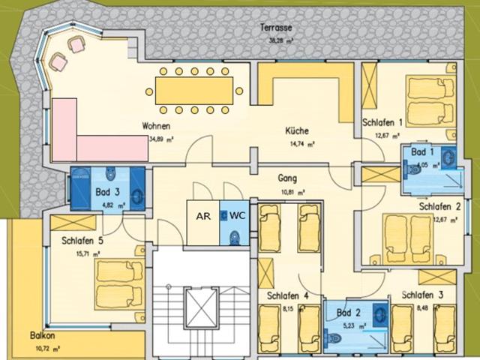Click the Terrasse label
click(x=276, y=28)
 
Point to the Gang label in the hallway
click(x=286, y=179)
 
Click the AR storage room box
click(x=202, y=215)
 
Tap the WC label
click(x=237, y=215)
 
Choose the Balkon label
click(x=45, y=337)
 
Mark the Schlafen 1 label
click(x=383, y=122)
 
